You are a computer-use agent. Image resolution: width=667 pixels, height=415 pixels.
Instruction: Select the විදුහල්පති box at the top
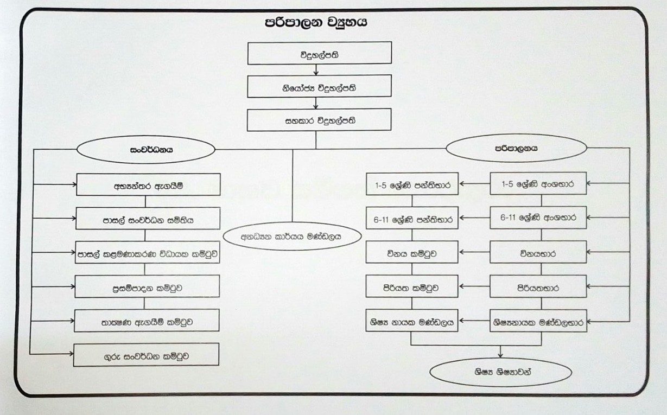coord(320,54)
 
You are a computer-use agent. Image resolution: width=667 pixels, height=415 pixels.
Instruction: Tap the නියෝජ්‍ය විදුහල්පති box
coord(319,86)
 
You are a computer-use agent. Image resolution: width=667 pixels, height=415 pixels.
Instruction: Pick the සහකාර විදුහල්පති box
coord(319,120)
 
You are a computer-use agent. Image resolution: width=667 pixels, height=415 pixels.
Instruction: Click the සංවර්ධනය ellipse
coord(147,149)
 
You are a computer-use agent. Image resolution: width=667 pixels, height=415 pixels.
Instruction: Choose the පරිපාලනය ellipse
coord(516,148)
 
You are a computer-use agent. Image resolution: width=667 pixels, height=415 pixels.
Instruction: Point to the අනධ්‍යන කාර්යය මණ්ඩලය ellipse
coord(293,237)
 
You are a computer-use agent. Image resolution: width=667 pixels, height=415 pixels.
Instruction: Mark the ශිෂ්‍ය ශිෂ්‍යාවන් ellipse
coord(500,373)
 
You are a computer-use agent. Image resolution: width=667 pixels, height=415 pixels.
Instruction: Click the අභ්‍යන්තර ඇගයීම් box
coord(148,185)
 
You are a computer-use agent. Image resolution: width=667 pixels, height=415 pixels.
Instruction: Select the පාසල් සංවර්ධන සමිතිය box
coord(148,219)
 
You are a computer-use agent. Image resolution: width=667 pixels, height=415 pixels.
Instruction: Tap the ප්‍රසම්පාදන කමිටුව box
coord(147,286)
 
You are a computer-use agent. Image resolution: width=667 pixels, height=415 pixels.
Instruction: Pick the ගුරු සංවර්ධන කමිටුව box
coord(146,355)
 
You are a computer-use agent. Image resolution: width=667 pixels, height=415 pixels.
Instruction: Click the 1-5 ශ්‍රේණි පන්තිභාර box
coord(412,185)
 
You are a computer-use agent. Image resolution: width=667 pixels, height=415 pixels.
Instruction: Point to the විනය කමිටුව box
coord(412,252)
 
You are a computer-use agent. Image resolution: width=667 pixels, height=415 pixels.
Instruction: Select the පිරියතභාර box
coord(538,287)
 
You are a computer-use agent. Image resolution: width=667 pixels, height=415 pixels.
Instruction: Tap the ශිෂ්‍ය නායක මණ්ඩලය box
coord(412,321)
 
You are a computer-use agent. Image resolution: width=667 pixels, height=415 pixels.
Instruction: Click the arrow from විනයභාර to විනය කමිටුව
coord(474,252)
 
